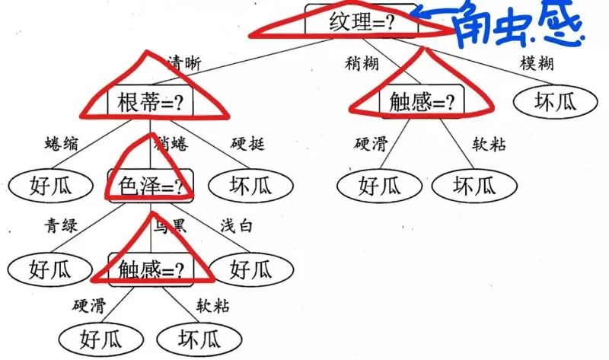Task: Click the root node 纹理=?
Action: [362, 21]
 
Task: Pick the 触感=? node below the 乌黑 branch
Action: [151, 268]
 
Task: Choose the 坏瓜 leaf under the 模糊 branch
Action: [545, 101]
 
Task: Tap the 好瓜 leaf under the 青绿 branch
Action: [40, 268]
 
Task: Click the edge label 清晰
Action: [183, 63]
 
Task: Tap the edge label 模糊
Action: [536, 63]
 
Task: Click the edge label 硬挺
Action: [247, 144]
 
